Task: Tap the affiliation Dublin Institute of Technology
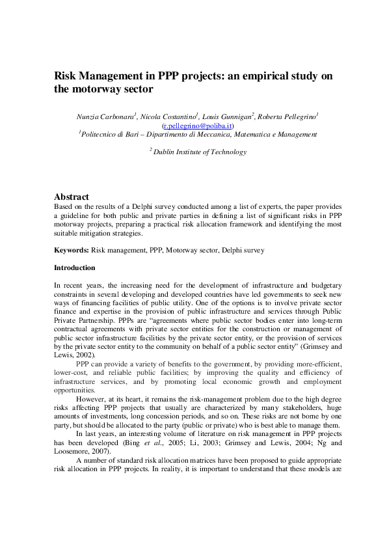(200, 152)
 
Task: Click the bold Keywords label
(71, 249)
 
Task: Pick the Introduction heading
(74, 267)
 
